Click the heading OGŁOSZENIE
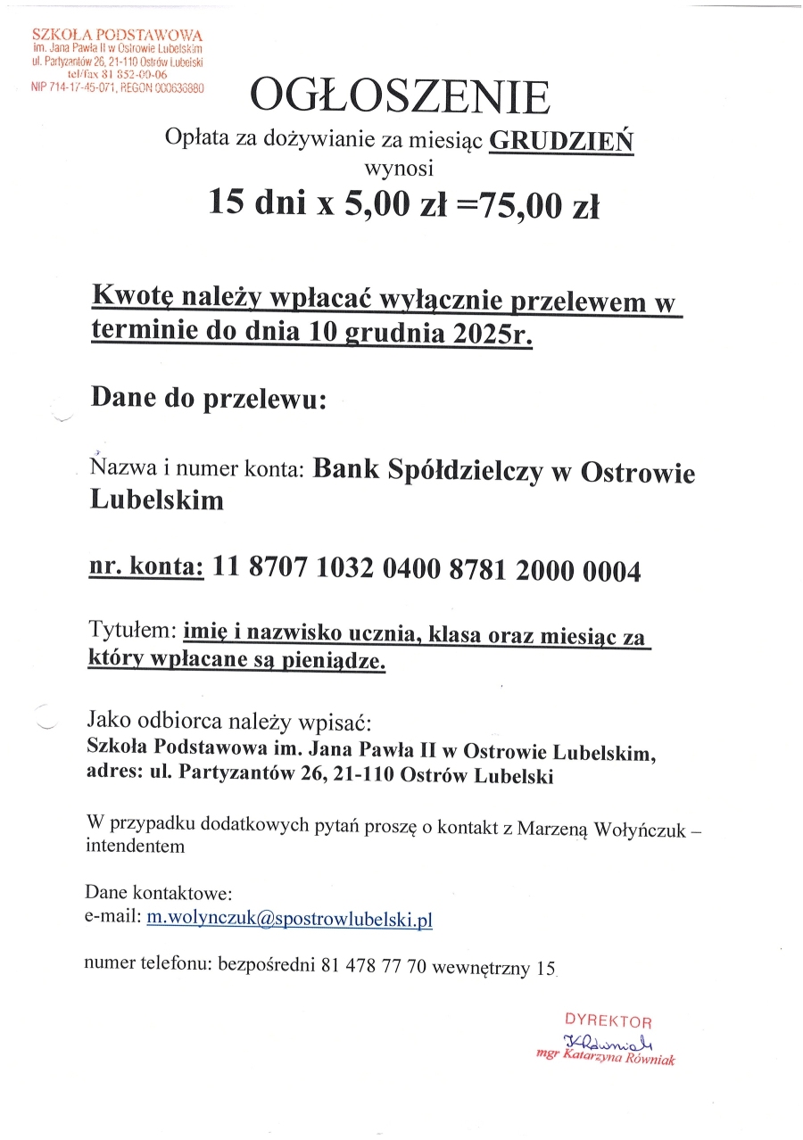tap(400, 97)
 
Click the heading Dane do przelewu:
tap(209, 398)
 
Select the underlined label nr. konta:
tap(147, 568)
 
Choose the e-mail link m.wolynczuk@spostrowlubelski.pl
tap(289, 919)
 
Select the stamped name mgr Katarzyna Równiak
tap(606, 1058)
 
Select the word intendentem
tap(135, 847)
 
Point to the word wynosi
tap(399, 166)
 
